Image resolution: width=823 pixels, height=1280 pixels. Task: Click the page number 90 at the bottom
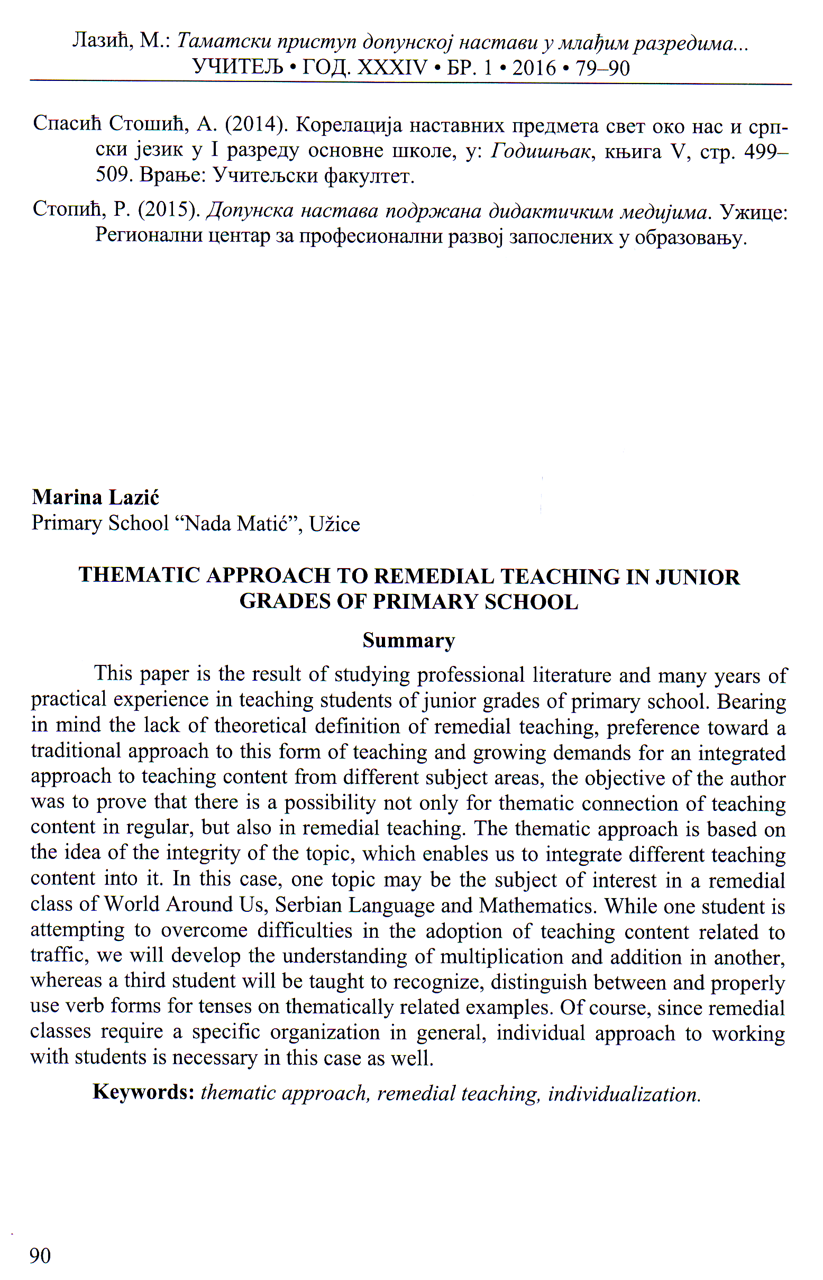click(x=40, y=1256)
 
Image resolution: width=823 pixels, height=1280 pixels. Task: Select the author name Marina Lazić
click(x=96, y=498)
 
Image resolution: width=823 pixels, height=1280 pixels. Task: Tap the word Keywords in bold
click(x=143, y=1092)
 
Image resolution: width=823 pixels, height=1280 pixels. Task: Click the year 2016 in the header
click(x=534, y=68)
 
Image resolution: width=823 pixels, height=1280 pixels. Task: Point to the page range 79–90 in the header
click(x=603, y=68)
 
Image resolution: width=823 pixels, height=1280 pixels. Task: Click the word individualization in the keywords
click(x=624, y=1094)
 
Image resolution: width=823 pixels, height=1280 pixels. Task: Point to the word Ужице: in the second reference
click(x=754, y=212)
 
